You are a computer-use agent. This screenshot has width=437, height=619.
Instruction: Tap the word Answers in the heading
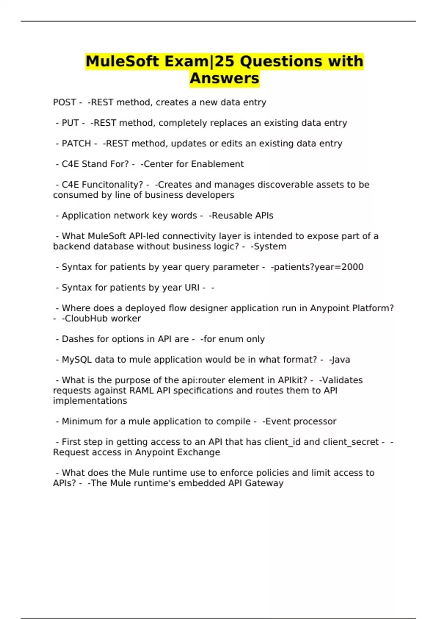(x=224, y=78)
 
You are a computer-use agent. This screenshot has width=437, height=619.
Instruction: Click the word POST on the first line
(x=64, y=102)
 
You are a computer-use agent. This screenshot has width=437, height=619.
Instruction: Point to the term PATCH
(x=76, y=143)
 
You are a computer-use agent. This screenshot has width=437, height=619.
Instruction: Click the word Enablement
(x=217, y=164)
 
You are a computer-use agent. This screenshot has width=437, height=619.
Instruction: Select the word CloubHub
(x=86, y=319)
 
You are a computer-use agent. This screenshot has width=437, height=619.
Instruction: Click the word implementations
(x=90, y=401)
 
